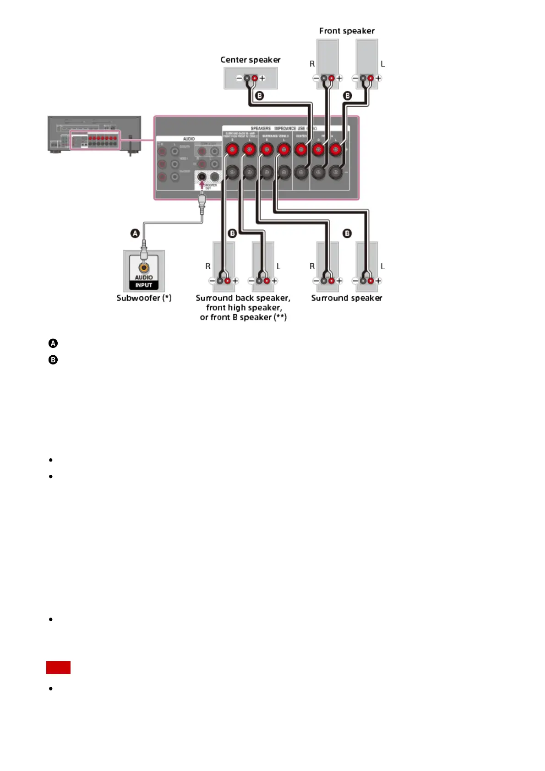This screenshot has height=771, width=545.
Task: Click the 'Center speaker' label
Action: click(x=250, y=60)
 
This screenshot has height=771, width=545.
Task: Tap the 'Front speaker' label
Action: click(x=347, y=31)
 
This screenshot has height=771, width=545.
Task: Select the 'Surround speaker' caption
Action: click(x=346, y=298)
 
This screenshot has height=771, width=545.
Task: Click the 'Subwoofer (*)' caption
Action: click(x=144, y=298)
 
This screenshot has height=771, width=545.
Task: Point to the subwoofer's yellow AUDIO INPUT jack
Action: click(x=144, y=267)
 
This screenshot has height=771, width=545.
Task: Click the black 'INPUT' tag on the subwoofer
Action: click(x=144, y=285)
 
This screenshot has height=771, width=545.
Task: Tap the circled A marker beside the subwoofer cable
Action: click(x=135, y=233)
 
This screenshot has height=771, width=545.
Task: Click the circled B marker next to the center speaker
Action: click(x=260, y=96)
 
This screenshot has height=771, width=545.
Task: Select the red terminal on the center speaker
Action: click(x=255, y=78)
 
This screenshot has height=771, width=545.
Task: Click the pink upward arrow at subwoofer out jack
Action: click(x=202, y=185)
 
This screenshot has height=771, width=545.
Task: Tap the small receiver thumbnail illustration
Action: click(x=94, y=135)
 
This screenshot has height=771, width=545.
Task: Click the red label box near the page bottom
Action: click(x=58, y=668)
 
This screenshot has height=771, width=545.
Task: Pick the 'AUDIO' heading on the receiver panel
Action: click(x=189, y=139)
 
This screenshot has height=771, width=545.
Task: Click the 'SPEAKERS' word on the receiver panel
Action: click(x=261, y=128)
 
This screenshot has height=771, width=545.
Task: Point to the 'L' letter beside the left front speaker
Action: click(x=383, y=64)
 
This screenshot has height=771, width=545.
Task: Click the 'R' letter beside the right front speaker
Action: click(x=312, y=64)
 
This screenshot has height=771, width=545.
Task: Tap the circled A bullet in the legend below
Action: click(x=53, y=343)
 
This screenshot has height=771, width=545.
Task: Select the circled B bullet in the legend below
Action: click(x=53, y=360)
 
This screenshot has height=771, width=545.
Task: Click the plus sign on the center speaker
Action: click(x=262, y=78)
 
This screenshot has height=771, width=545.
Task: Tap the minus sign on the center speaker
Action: click(x=239, y=78)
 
